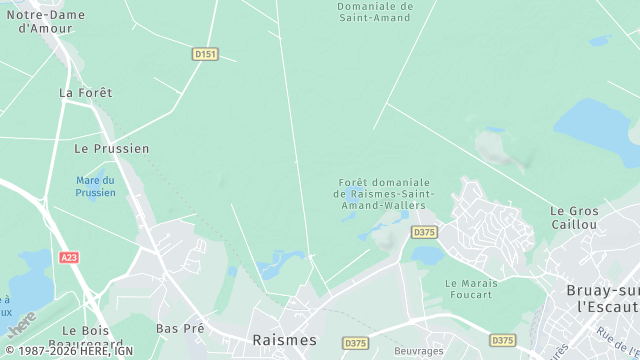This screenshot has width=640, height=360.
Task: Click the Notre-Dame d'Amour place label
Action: point(45,21)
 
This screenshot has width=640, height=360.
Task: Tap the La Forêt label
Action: point(85,92)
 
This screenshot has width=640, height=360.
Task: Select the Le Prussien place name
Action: point(112,148)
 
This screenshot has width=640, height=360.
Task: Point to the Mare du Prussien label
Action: point(95,186)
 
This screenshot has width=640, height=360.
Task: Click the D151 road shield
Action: point(205,54)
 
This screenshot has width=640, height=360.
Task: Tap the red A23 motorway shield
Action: point(69,257)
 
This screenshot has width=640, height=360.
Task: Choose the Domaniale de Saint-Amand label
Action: point(374,11)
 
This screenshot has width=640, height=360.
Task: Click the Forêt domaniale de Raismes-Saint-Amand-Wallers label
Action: point(383,193)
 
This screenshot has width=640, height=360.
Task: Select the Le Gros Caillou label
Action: point(573,217)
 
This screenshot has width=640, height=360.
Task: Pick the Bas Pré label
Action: point(180,328)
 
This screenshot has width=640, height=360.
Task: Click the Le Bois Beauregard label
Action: point(93,335)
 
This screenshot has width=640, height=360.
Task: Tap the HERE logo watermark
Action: point(22,322)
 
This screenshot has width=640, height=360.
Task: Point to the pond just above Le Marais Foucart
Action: point(427,256)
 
